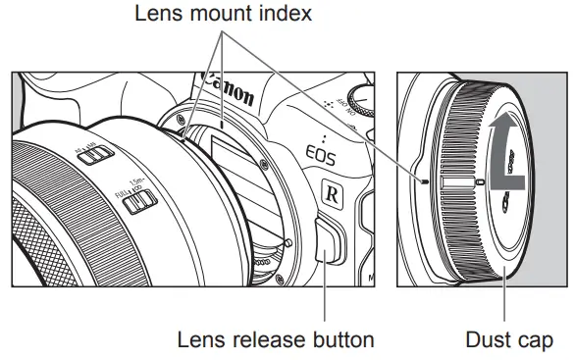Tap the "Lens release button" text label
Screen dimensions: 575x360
[276, 340]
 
